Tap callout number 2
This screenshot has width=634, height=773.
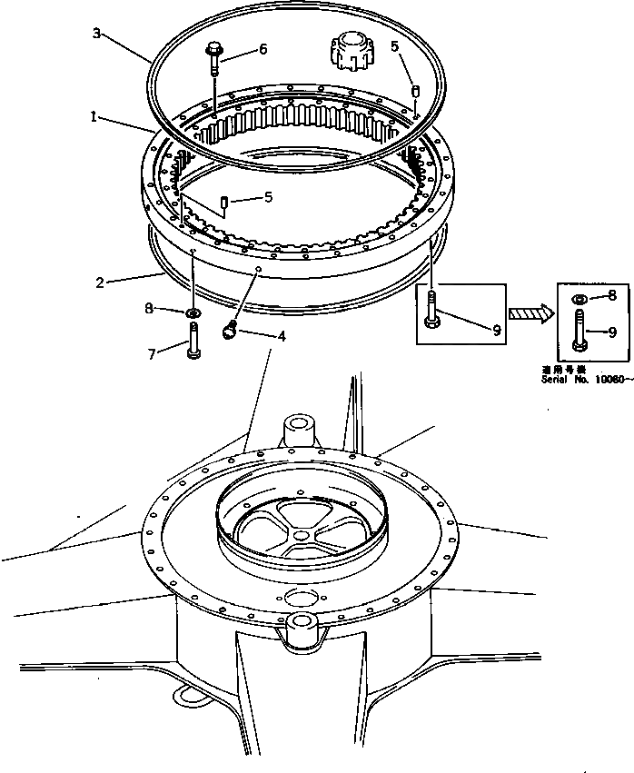point(100,282)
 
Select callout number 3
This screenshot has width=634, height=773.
point(97,34)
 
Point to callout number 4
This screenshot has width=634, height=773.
point(282,336)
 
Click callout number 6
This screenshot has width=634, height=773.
point(263,50)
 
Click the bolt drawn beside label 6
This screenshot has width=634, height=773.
point(213,60)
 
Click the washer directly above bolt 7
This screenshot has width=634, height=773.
point(193,313)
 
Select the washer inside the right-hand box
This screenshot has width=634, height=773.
point(579,298)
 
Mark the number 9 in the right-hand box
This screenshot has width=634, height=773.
point(611,332)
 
